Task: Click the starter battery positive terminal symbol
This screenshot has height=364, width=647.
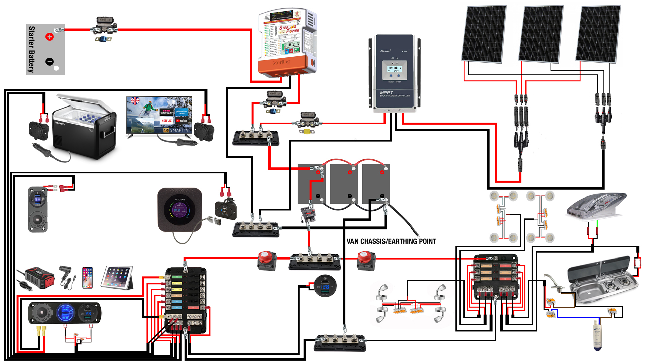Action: coord(50,37)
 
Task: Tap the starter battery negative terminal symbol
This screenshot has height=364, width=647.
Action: coord(50,62)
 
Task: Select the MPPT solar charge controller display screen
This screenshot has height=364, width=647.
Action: coord(394,70)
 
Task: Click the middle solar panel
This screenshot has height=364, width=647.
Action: coord(541,34)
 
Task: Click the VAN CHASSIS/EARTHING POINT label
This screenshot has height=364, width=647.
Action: coord(391,241)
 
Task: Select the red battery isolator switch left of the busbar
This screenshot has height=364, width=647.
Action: coord(267,260)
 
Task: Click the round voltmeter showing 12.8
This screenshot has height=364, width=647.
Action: coord(325,286)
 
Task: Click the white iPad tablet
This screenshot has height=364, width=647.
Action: coord(118,277)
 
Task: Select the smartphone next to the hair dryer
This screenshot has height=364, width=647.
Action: coord(87,277)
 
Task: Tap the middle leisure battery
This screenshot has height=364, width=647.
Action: coord(344,184)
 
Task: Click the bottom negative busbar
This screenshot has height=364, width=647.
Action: coord(340,342)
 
